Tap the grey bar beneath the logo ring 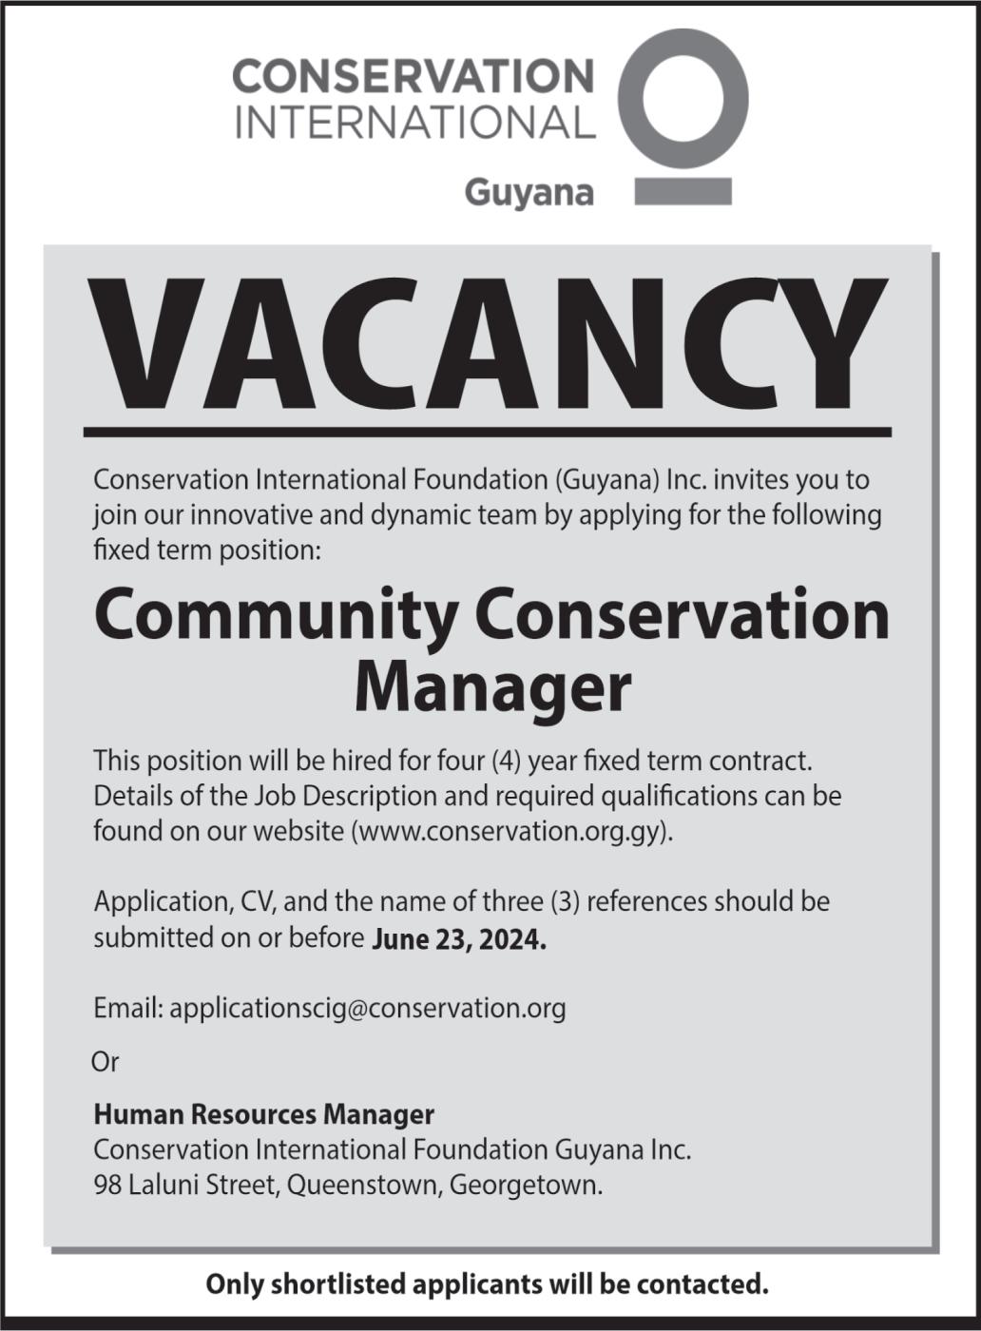[x=683, y=191]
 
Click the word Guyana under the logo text [x=529, y=193]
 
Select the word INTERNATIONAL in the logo [x=414, y=123]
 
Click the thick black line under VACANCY [x=488, y=433]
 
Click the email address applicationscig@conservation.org [x=368, y=1008]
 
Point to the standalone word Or [x=105, y=1061]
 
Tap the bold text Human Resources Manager [x=263, y=1114]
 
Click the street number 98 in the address [x=107, y=1186]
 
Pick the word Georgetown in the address [x=526, y=1186]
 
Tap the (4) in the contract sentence [x=507, y=761]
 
